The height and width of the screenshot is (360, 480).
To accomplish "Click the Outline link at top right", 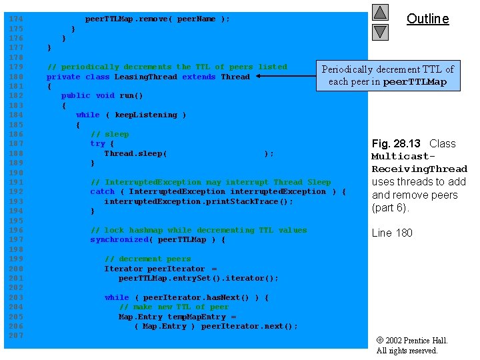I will tap(427, 19).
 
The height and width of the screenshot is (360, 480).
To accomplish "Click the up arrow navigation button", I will tap(380, 12).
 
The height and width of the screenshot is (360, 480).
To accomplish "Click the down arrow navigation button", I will tap(380, 31).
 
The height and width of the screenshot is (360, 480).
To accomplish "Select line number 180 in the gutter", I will tap(15, 77).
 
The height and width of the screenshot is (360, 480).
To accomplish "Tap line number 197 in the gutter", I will tap(15, 239).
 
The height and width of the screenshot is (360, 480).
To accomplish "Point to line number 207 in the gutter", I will tap(15, 335).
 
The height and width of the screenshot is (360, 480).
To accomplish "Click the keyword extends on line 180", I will tap(199, 77).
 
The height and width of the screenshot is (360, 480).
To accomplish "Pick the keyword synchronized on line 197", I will tap(119, 239).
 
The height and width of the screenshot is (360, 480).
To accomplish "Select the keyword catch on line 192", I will tap(102, 191).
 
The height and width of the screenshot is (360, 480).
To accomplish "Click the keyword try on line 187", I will tap(97, 143).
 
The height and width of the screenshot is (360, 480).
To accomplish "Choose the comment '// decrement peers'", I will tap(147, 259).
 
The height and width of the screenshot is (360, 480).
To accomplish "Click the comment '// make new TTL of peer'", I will tap(174, 307).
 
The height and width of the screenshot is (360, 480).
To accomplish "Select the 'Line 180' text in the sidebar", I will tap(392, 233).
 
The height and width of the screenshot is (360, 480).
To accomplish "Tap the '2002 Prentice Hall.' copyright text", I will tap(415, 341).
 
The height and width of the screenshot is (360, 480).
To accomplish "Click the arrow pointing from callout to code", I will tap(287, 77).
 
